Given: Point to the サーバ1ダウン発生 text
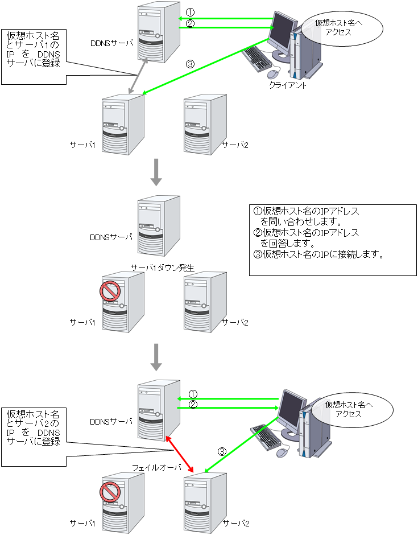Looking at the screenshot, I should coord(163,267).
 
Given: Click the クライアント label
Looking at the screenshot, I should coord(288,85).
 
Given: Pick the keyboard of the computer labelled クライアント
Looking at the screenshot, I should coord(258,58).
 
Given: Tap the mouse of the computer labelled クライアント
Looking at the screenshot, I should coord(274,73).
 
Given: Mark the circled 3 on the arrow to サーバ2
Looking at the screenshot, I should coord(223,452).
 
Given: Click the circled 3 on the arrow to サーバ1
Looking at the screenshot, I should coord(190,64).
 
